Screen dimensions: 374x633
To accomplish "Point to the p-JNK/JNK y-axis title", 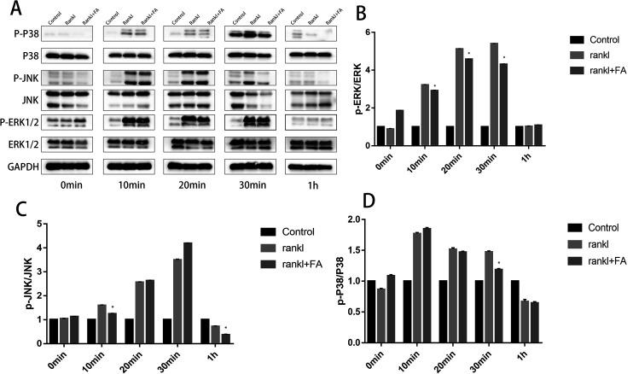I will pyautogui.click(x=12, y=283).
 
